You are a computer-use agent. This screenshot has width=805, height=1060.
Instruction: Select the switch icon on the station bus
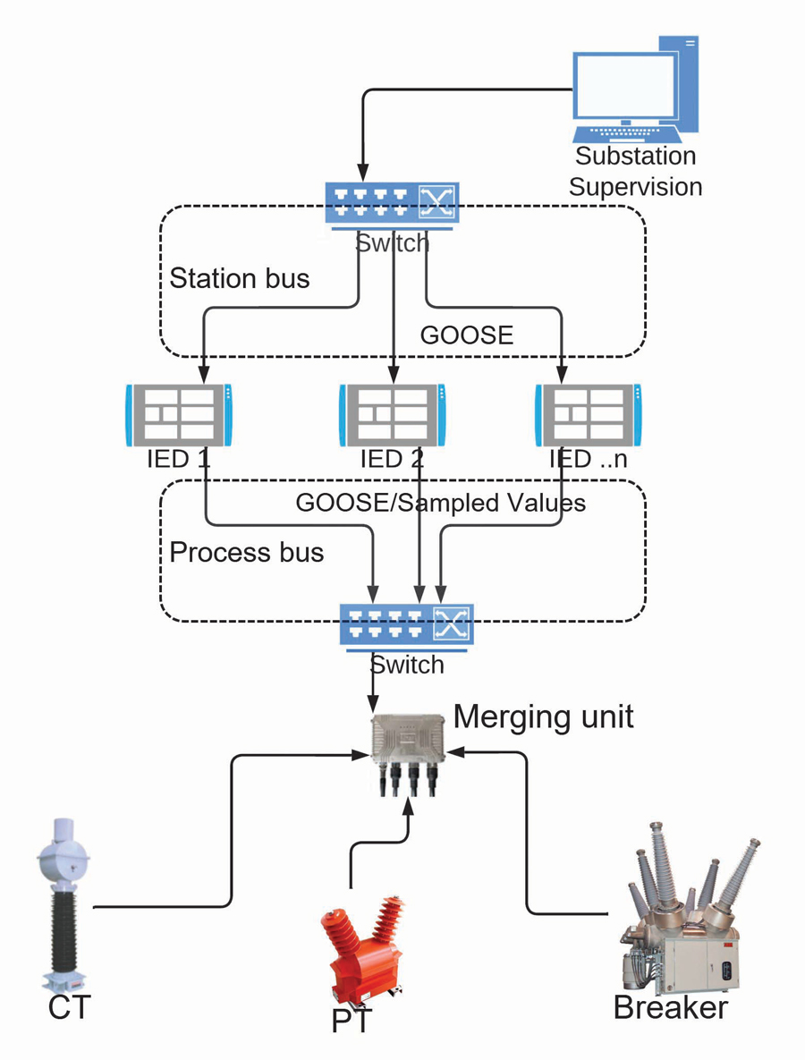pos(393,203)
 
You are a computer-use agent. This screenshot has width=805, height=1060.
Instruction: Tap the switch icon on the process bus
pos(406,624)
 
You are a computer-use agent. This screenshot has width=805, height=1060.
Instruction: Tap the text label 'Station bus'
pos(240,278)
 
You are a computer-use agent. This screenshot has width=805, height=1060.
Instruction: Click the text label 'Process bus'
pos(246,552)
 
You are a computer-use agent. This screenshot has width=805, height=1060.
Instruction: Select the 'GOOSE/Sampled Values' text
pos(440,503)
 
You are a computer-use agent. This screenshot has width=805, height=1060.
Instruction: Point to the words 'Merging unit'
pos(544,717)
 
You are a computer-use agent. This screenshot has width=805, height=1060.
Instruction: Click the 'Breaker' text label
pos(671,1007)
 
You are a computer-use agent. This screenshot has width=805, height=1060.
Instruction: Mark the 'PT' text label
pos(352,1022)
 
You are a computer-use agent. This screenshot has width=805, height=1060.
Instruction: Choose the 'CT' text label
pos(69,1007)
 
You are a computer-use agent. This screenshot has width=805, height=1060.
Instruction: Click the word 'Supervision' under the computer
pos(635,187)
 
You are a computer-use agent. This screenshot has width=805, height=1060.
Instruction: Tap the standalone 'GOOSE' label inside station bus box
pos(467,335)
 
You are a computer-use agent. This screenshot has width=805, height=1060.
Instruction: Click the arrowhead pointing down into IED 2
pos(393,374)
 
